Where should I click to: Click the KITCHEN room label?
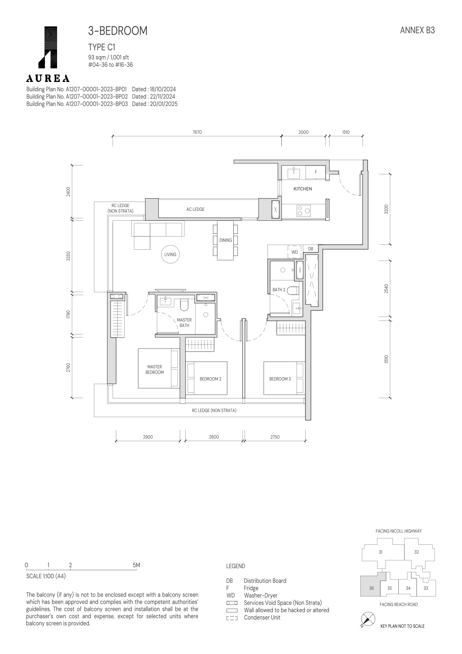tap(303, 189)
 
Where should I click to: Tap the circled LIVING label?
tap(170, 255)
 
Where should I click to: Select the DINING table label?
tap(226, 240)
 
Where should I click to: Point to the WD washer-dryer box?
tap(295, 252)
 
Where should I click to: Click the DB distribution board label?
tap(311, 249)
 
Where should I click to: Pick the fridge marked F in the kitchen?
tap(316, 172)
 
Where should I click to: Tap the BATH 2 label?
tap(279, 290)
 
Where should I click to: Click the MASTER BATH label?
tap(184, 323)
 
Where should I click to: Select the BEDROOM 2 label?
tap(210, 379)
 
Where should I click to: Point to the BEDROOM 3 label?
tap(280, 379)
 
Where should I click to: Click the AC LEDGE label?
tap(196, 209)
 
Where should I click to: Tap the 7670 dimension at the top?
tap(197, 132)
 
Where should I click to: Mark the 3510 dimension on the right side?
tap(386, 359)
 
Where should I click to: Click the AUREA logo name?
tap(48, 78)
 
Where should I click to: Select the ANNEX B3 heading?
tap(417, 30)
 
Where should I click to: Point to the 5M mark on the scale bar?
tap(136, 565)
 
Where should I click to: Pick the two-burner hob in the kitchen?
tap(304, 210)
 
